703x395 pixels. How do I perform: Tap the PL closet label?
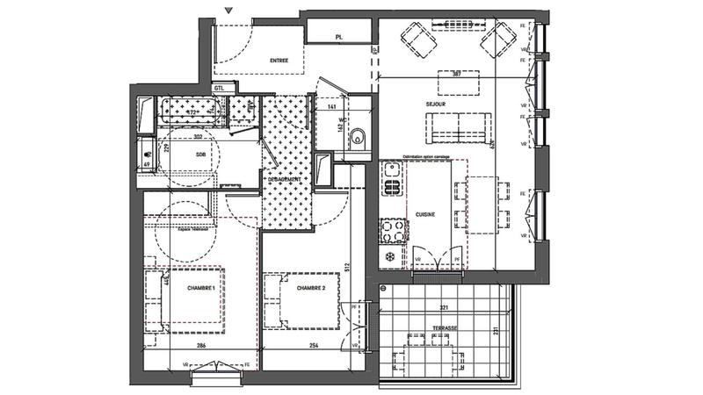(x=338, y=37)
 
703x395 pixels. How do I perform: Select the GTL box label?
(x=220, y=88)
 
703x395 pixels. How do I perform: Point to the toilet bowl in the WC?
(x=356, y=137)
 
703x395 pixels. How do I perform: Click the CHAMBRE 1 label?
(x=201, y=287)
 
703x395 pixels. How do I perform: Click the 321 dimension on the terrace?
(x=444, y=308)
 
